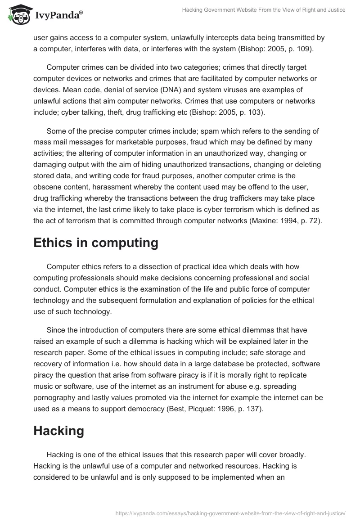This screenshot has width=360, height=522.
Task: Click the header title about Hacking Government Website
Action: coord(263,10)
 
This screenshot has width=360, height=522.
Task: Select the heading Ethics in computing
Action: coord(96,243)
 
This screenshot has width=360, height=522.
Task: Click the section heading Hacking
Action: coord(59,431)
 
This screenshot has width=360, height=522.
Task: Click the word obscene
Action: coord(48,187)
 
